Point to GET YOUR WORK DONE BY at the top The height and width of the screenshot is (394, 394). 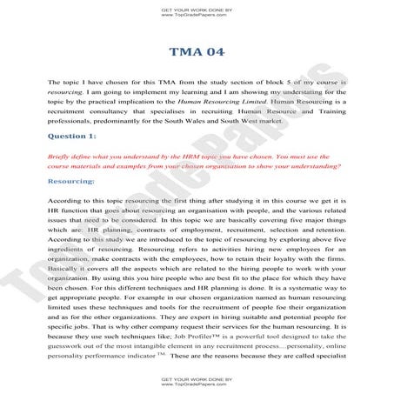click(x=197, y=9)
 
